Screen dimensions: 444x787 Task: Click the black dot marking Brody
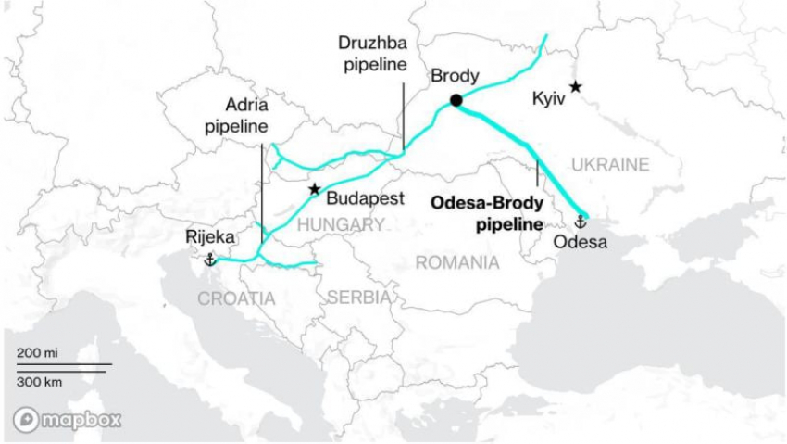(456, 100)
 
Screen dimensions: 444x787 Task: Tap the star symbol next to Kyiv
(575, 86)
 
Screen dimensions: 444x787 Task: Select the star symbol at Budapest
(315, 188)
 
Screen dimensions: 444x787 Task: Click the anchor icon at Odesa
(581, 222)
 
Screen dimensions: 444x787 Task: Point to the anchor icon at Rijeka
(209, 259)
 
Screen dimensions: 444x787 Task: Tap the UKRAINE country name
(609, 164)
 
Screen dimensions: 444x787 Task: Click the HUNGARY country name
(341, 224)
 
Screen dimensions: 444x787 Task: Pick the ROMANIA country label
(456, 262)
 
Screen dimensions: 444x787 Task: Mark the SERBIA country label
(358, 298)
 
